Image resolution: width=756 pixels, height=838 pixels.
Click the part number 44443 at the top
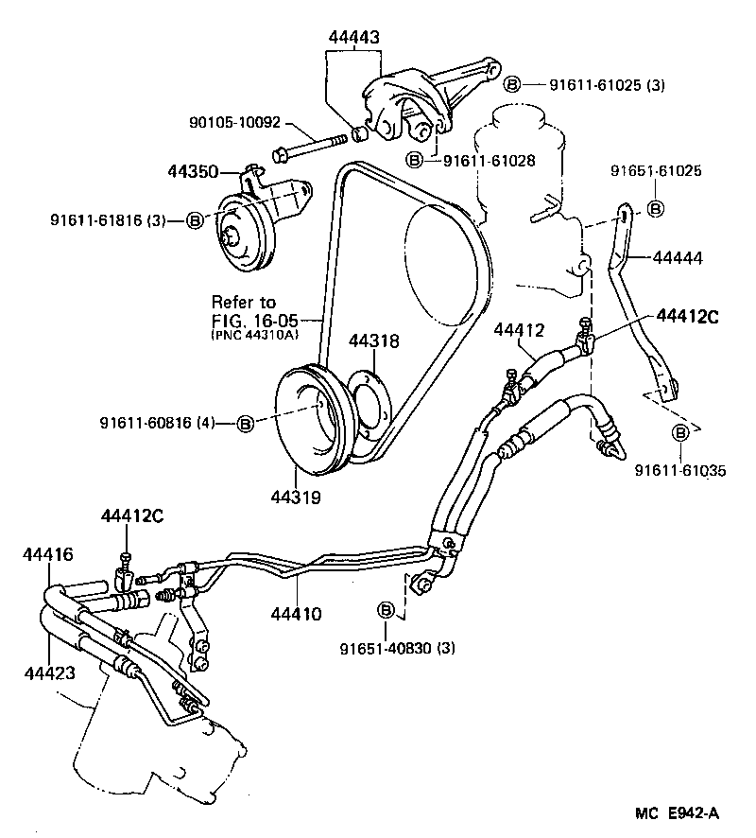pos(354,37)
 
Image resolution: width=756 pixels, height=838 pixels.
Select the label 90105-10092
pos(233,123)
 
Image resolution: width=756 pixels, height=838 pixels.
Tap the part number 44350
pos(193,172)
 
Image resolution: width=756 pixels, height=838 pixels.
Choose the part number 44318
pos(373,340)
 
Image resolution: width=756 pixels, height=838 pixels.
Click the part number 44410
pos(296,614)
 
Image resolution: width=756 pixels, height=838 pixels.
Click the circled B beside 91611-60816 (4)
pos(245,423)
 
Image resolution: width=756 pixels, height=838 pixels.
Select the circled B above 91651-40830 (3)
pos(386,610)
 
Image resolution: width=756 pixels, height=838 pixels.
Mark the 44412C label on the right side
pos(688,316)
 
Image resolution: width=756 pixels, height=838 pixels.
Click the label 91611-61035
pos(680,470)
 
